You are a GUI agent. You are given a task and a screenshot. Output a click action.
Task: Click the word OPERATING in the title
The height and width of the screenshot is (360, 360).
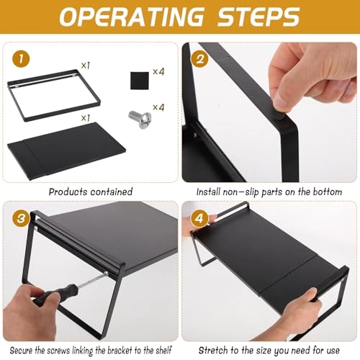(x=131, y=17)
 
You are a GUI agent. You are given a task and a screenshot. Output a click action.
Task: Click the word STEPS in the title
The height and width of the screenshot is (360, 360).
(x=258, y=17)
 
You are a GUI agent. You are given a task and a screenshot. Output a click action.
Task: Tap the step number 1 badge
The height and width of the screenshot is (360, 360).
(x=21, y=59)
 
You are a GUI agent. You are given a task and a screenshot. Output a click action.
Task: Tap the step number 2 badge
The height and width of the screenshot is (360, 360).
(x=199, y=59)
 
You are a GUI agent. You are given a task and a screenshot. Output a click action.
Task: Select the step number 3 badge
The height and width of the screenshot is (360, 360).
(x=21, y=219)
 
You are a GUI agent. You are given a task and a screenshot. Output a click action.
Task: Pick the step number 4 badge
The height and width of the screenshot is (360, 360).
(x=199, y=219)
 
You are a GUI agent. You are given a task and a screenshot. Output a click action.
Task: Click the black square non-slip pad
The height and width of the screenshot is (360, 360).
(x=140, y=81)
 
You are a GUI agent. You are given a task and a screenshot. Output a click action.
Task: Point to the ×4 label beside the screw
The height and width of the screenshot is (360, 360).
(x=158, y=107)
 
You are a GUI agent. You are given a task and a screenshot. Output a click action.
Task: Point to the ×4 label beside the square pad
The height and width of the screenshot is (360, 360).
(x=158, y=71)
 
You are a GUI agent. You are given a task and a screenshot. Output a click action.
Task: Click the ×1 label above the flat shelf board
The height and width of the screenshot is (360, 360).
(x=86, y=118)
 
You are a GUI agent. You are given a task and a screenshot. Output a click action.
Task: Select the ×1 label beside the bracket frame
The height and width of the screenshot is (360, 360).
(x=86, y=66)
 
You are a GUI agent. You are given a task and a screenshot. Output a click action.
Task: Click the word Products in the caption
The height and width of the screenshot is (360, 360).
(x=68, y=192)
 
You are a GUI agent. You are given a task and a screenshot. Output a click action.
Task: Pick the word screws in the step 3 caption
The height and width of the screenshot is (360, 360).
(x=58, y=351)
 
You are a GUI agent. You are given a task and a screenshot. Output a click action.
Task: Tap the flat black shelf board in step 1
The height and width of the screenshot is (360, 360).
(x=66, y=150)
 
